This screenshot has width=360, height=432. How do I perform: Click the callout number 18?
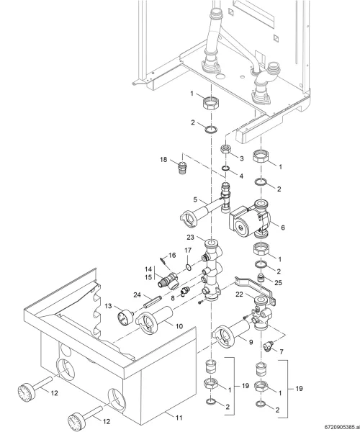pos(163,160)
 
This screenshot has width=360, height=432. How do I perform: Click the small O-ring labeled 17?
pos(188,266)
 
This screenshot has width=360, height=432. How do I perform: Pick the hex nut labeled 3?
pos(226,150)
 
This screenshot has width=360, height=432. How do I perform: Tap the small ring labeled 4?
pos(226,168)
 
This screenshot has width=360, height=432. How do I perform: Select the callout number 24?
pos(138,295)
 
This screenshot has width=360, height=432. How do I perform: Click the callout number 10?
pos(179,326)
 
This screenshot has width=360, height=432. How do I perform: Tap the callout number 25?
pos(279,283)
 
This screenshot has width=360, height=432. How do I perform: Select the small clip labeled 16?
pos(163,260)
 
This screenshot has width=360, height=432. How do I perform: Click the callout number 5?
pos(195,199)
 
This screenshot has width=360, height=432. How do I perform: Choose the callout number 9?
pos(251,342)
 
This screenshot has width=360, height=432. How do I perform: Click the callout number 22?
pos(239,294)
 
